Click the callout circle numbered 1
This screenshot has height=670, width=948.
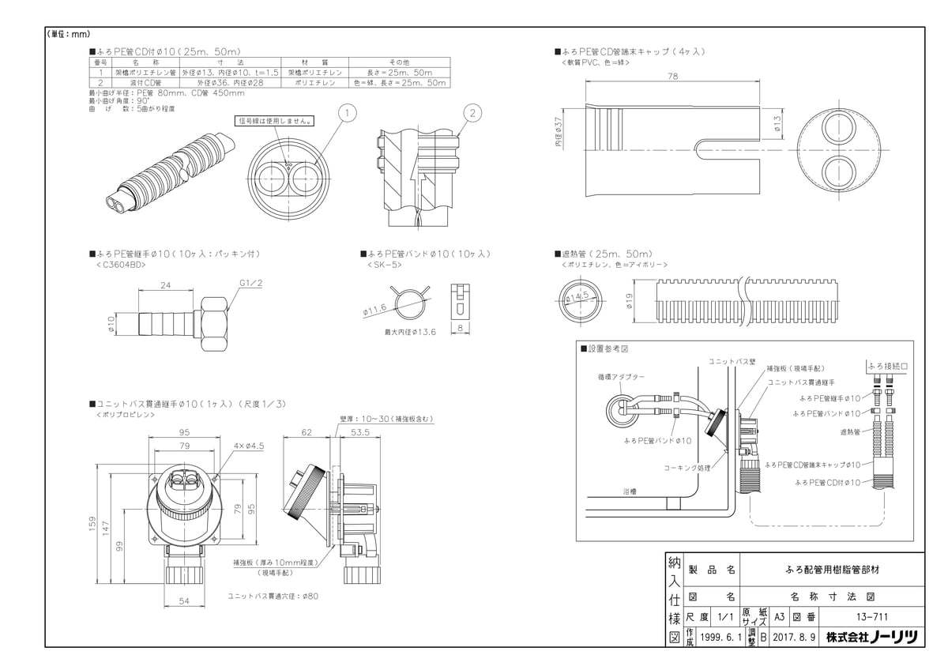click(344, 114)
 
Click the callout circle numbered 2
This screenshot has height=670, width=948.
click(470, 114)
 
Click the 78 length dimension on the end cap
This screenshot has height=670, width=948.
click(672, 76)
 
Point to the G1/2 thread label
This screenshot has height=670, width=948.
click(250, 282)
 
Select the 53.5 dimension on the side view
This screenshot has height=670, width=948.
click(360, 433)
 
